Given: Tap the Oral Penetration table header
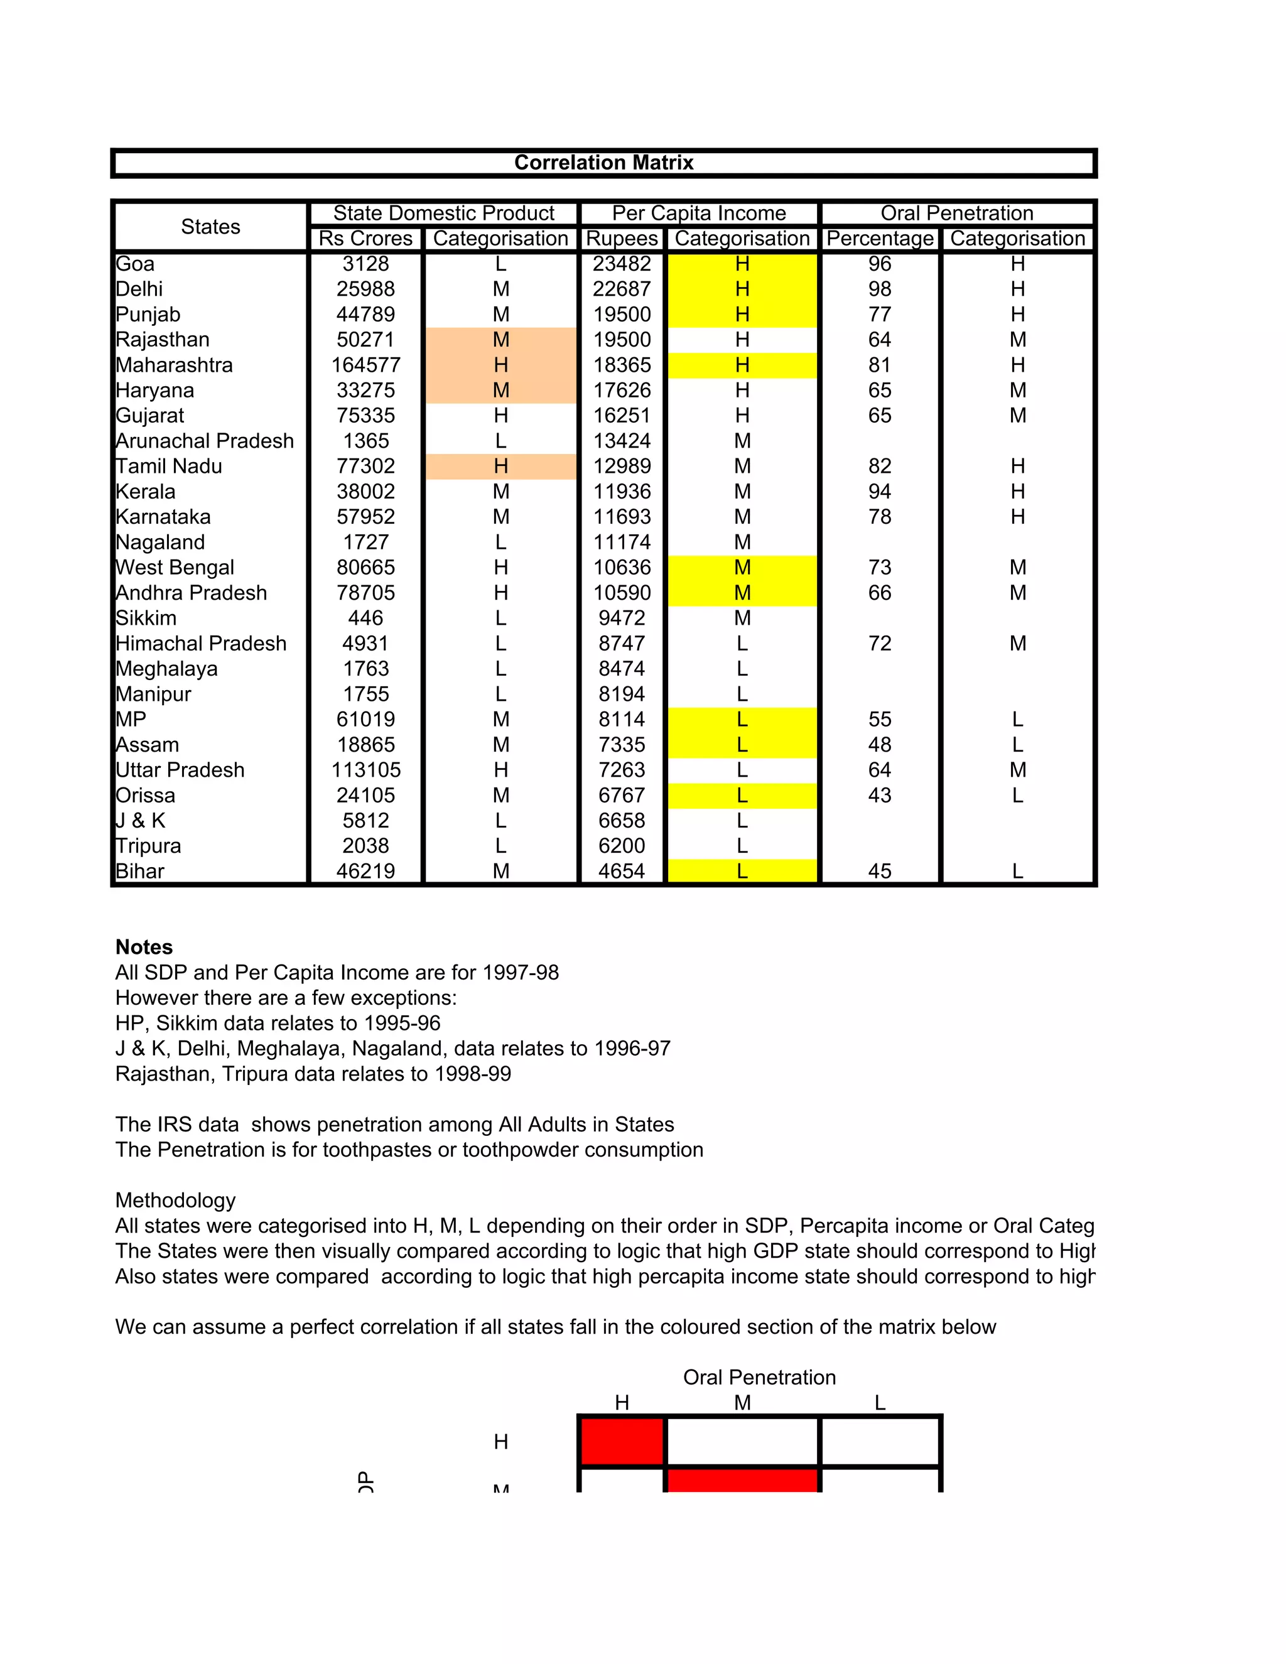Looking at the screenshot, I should (956, 213).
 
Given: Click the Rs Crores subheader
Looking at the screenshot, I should (365, 239).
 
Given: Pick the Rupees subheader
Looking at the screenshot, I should (622, 239).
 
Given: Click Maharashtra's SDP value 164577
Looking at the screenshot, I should (365, 365).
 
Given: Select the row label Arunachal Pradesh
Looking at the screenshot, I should (204, 441).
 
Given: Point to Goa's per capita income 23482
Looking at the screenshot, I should (622, 264).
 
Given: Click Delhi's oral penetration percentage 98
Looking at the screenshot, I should (879, 289).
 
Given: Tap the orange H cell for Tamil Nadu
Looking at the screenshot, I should (500, 467).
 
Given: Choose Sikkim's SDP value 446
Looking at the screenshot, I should (365, 618).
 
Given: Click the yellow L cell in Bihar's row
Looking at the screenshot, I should (742, 871).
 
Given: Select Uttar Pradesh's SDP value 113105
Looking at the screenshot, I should (365, 770).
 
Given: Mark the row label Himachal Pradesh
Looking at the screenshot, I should (201, 644).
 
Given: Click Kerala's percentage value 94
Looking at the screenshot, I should (879, 492).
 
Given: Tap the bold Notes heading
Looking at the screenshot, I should (144, 947).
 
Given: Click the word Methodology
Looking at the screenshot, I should (175, 1201).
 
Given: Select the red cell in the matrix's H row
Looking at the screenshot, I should (622, 1440).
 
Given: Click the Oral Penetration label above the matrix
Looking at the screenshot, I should (759, 1378).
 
